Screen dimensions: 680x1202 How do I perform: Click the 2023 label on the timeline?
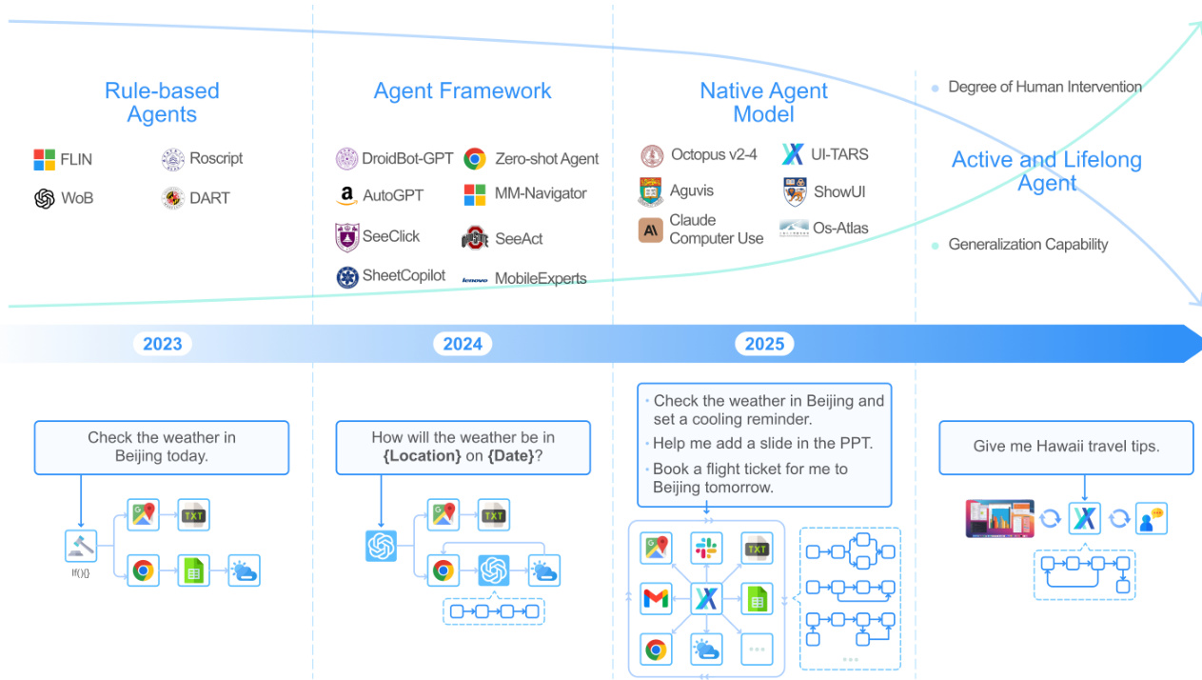point(162,344)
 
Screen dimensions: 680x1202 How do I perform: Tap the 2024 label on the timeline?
point(463,344)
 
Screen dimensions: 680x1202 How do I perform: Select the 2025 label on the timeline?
point(764,344)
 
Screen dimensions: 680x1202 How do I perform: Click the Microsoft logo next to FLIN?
point(45,160)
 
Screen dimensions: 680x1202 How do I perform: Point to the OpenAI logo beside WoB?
point(45,198)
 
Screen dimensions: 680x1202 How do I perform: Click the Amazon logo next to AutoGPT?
point(346,196)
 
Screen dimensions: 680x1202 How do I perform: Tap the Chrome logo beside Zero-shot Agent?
point(475,159)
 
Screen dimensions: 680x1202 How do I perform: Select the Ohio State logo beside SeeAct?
point(475,238)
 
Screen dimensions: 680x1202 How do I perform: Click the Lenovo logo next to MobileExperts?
point(475,280)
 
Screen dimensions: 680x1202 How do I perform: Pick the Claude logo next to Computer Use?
point(651,230)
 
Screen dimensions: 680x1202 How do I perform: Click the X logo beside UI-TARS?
point(793,154)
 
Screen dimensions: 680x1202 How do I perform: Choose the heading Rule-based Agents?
point(162,103)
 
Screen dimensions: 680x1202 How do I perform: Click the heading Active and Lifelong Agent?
point(1047,171)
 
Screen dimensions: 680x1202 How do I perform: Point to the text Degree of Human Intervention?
point(1044,87)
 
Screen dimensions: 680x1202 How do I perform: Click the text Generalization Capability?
point(1028,245)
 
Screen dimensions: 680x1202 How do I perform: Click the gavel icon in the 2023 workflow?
point(81,546)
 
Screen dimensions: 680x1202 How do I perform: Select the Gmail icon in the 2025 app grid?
point(656,599)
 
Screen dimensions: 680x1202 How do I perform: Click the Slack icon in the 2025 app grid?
point(706,548)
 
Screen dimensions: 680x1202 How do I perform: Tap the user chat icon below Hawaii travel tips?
point(1152,518)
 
